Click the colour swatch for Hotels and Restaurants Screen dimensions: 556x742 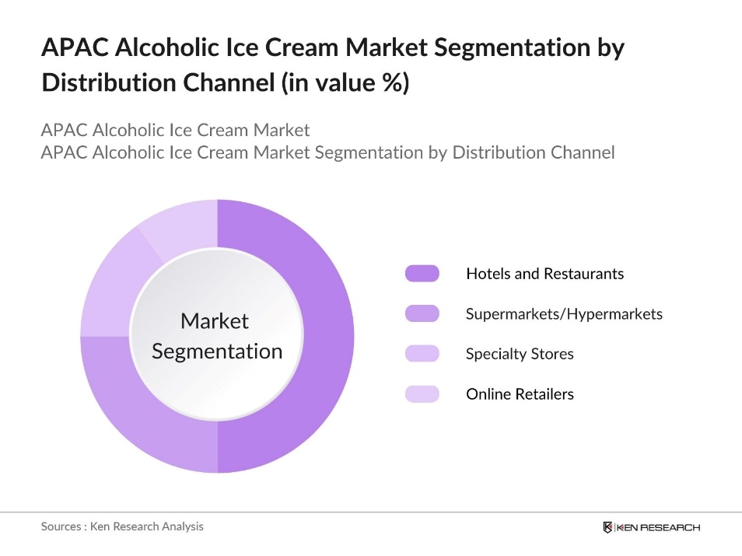click(x=422, y=274)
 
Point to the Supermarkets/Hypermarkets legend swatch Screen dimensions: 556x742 click(x=422, y=314)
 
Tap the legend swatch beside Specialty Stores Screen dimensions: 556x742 click(x=422, y=354)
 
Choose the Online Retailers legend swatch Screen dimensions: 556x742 click(x=422, y=394)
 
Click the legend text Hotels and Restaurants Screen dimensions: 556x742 click(x=544, y=274)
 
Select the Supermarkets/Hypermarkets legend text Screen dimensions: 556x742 click(x=564, y=314)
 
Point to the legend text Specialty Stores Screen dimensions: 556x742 click(x=520, y=354)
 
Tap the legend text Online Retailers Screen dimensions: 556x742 click(x=520, y=394)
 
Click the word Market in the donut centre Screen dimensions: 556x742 click(x=215, y=321)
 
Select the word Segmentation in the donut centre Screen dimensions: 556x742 click(x=217, y=351)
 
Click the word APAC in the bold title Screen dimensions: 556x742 click(x=72, y=49)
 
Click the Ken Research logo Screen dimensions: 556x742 click(x=651, y=527)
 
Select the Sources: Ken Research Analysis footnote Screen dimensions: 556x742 click(x=122, y=526)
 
